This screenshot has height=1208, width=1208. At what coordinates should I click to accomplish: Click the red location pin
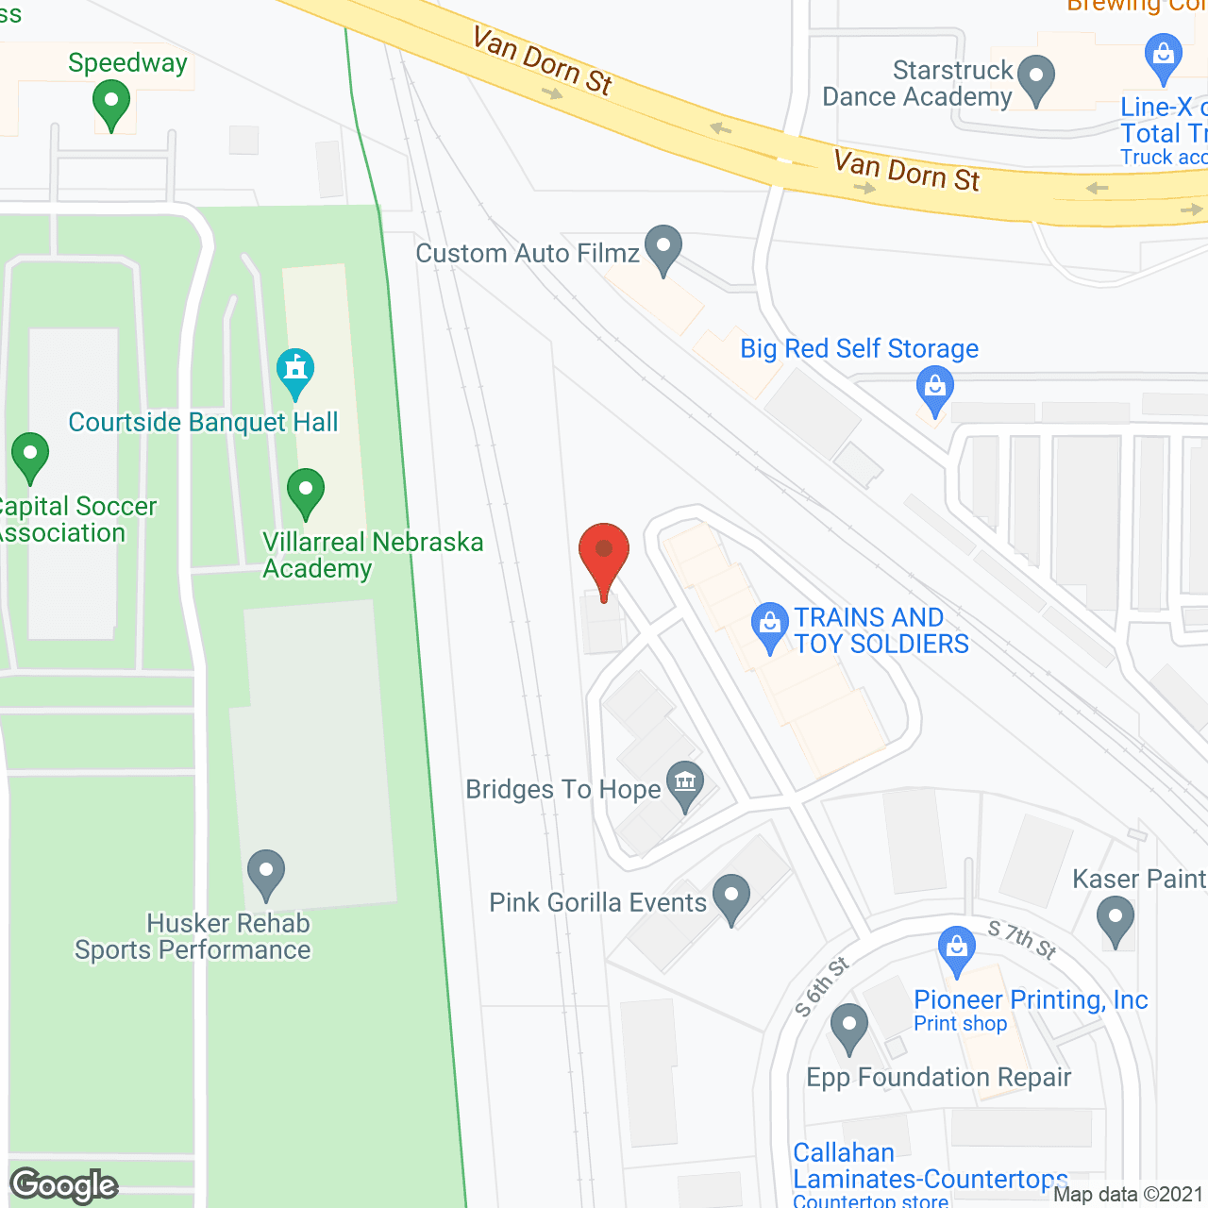[x=603, y=551]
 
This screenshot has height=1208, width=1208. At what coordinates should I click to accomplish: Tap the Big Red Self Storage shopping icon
[x=934, y=389]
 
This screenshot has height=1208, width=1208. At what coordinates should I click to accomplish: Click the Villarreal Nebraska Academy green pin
[x=305, y=492]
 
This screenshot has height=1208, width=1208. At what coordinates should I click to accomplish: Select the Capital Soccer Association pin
[x=29, y=456]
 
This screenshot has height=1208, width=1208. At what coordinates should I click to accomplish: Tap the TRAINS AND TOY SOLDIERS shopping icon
[x=770, y=625]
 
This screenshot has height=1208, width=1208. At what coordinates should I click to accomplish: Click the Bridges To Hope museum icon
[x=685, y=783]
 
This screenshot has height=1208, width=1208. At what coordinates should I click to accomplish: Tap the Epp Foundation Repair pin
[x=849, y=1026]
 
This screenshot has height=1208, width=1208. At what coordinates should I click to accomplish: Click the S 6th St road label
[x=822, y=987]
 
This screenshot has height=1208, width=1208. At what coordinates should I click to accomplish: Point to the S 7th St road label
[x=1022, y=940]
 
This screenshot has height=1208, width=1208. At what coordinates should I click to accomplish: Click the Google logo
[x=64, y=1185]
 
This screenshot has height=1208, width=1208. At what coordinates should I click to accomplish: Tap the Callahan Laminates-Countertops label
[x=930, y=1166]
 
